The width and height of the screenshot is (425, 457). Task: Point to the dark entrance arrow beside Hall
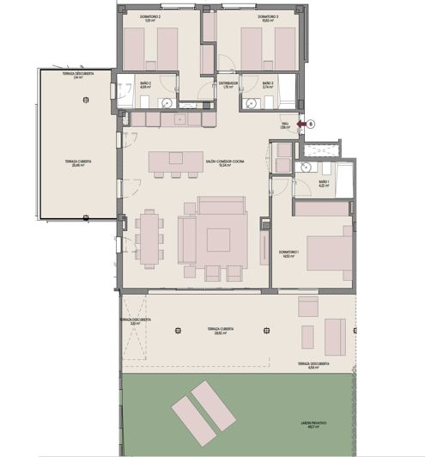pyautogui.click(x=300, y=124)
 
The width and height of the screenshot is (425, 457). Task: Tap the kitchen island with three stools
pyautogui.click(x=168, y=162)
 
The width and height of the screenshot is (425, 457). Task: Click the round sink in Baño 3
pyautogui.click(x=252, y=102)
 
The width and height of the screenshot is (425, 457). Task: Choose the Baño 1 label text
pyautogui.click(x=324, y=184)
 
